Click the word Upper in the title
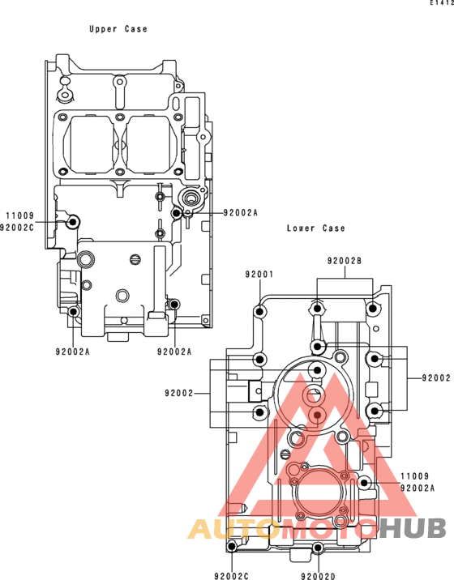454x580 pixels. click(x=103, y=29)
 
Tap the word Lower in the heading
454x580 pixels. click(x=300, y=228)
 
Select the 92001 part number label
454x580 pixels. click(x=259, y=274)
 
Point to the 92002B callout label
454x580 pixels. click(x=345, y=261)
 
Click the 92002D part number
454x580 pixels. click(x=318, y=576)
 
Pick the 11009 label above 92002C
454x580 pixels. click(x=19, y=215)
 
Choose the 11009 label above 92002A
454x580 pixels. click(x=415, y=476)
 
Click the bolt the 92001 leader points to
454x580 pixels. click(x=260, y=311)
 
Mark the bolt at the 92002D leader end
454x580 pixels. click(x=318, y=548)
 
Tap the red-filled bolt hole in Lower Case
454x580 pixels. click(x=317, y=415)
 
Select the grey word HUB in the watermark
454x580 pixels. click(x=412, y=528)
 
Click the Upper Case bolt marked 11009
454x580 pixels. click(x=73, y=222)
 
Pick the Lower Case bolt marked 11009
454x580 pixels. click(x=364, y=482)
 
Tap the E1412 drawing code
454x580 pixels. click(x=442, y=3)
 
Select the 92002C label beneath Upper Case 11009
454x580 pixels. click(x=17, y=228)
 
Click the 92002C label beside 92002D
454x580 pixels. click(x=231, y=576)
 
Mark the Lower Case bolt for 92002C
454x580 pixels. click(x=232, y=546)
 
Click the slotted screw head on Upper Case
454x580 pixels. click(x=136, y=260)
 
